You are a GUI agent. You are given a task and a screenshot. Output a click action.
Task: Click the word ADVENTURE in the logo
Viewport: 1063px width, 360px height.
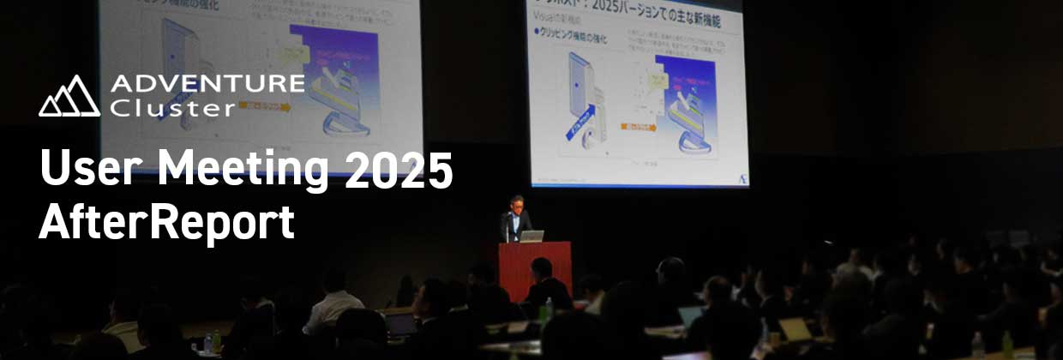[207, 84]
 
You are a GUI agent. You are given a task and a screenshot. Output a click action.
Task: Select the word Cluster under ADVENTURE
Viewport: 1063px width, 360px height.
[172, 108]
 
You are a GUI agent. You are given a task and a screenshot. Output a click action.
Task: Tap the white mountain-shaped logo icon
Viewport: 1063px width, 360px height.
[69, 97]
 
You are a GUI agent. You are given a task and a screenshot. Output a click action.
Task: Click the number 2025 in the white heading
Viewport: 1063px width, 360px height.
[399, 171]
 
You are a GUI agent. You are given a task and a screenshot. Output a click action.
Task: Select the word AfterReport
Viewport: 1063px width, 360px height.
[167, 222]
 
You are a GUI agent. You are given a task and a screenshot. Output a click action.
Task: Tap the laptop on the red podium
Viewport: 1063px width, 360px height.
[531, 236]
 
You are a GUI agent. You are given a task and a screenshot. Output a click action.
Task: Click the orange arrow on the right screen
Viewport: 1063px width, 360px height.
[639, 128]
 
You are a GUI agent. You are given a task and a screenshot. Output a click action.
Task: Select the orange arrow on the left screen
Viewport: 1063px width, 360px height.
[265, 107]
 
